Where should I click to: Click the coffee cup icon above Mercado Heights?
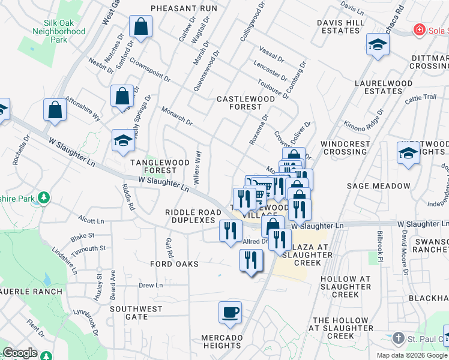(231, 312)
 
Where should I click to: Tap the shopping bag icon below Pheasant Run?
(140, 27)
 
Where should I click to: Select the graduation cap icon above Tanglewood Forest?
(123, 140)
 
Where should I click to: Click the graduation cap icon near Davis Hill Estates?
(378, 45)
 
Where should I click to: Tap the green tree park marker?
(43, 197)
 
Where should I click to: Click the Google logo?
(20, 353)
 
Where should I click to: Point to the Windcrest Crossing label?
(350, 148)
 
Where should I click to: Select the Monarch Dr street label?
(176, 116)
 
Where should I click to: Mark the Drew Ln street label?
(151, 286)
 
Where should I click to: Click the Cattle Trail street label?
(420, 100)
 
